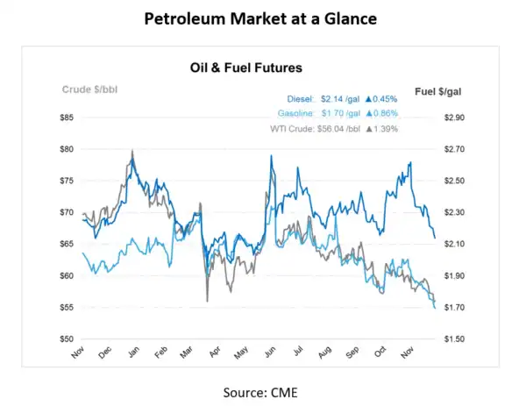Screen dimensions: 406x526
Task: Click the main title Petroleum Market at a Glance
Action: (263, 19)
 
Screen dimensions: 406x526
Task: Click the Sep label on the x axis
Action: (351, 353)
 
